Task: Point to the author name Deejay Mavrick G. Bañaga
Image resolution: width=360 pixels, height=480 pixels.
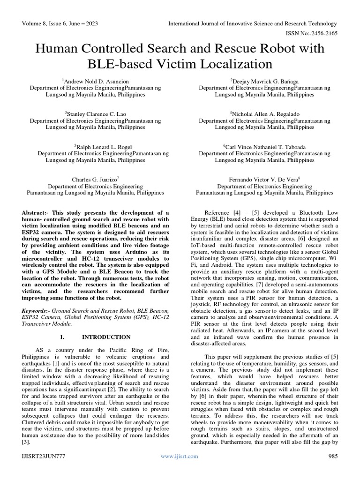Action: (264, 81)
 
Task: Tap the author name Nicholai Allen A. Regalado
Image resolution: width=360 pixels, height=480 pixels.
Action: (264, 114)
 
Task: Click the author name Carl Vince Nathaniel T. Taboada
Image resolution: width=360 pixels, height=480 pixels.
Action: (264, 147)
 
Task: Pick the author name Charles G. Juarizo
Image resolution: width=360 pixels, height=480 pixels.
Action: (96, 180)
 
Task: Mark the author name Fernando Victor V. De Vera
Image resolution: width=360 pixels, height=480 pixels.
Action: (264, 180)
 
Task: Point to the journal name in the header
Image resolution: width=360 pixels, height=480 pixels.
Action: (253, 23)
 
